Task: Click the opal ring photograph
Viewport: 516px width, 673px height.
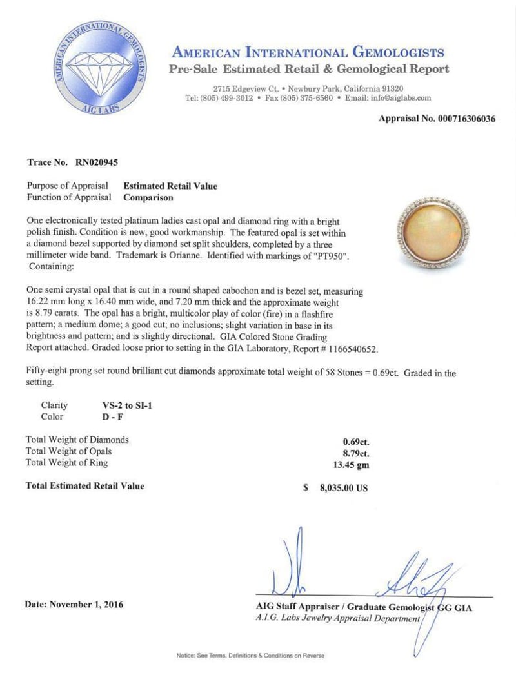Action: (x=432, y=234)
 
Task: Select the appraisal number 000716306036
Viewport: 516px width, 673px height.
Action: (x=462, y=119)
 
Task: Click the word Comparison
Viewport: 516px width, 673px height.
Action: (x=148, y=198)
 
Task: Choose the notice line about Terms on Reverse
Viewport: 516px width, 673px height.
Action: (x=250, y=656)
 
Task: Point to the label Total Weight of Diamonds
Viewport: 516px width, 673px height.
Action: (x=77, y=440)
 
